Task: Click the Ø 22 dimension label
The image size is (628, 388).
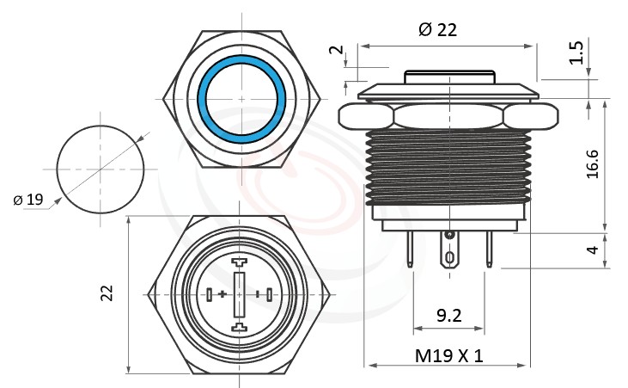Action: click(437, 29)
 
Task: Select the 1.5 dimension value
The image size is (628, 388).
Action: click(578, 53)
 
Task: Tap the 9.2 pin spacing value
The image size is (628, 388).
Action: click(449, 316)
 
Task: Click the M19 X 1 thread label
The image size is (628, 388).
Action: click(449, 355)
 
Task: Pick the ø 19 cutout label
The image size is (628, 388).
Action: click(28, 200)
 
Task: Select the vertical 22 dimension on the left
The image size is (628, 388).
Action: click(107, 293)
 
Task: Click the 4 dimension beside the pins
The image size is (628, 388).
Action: click(592, 250)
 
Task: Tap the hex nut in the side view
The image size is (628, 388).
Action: click(449, 116)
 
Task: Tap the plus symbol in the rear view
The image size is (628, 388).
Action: click(223, 294)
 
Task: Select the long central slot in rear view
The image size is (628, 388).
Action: click(240, 294)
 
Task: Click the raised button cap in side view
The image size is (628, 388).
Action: click(449, 77)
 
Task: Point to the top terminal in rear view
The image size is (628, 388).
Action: click(240, 261)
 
